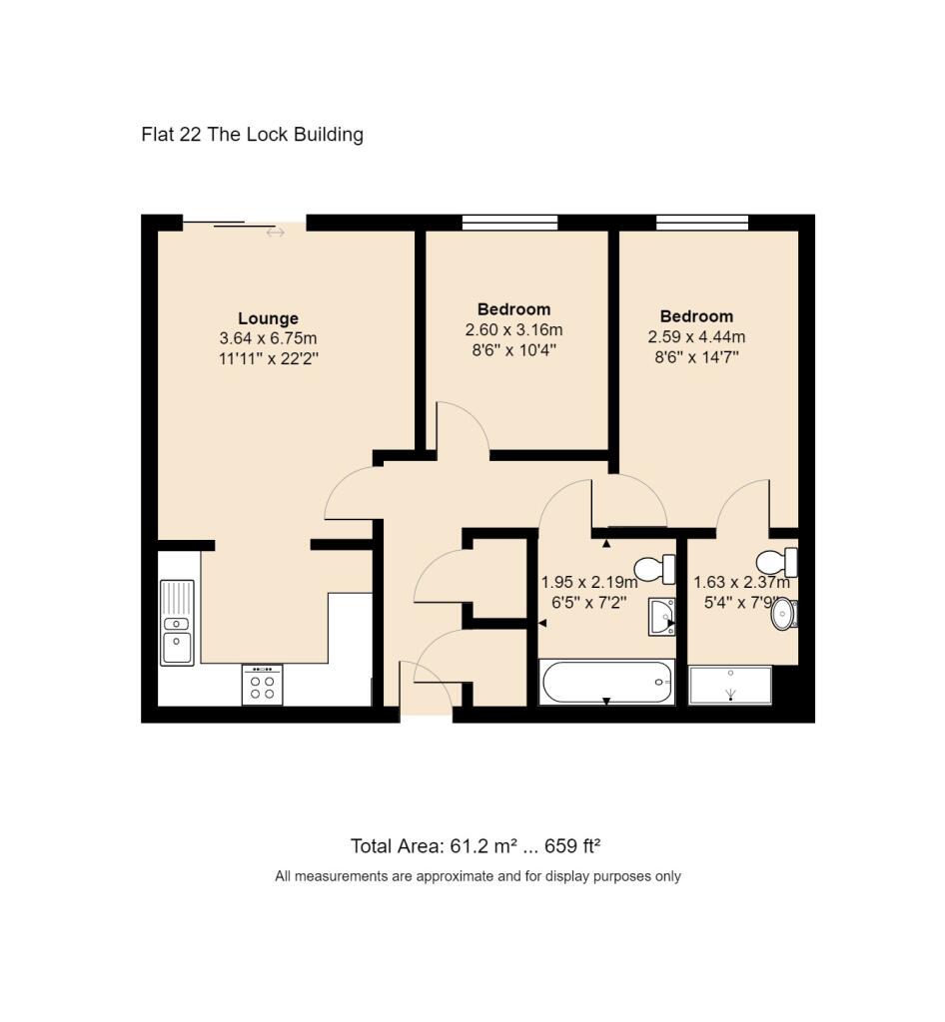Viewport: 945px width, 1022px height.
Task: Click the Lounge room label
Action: [x=268, y=318]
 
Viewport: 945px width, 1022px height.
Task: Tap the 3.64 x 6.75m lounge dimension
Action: [x=268, y=338]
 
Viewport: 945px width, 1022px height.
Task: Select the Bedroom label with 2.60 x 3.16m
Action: [x=513, y=309]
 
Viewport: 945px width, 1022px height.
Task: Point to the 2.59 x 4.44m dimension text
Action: [x=696, y=337]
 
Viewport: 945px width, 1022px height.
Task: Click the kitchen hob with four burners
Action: [x=262, y=685]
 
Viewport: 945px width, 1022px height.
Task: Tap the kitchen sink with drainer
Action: [x=178, y=622]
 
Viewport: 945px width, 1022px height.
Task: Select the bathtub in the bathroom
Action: [x=606, y=683]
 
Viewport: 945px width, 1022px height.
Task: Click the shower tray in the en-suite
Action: [x=730, y=685]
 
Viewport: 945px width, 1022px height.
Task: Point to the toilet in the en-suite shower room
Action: [x=777, y=561]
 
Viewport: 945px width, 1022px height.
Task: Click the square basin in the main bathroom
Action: [x=662, y=617]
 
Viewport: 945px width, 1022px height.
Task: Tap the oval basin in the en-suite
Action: [x=784, y=614]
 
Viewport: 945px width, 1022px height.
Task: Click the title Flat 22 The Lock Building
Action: [x=253, y=135]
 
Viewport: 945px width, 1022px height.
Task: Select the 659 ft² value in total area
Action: [x=572, y=846]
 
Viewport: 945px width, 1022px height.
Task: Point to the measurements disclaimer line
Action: [x=477, y=876]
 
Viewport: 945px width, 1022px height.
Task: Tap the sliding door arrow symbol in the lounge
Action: [x=276, y=233]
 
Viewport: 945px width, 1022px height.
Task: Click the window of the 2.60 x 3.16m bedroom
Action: [x=510, y=223]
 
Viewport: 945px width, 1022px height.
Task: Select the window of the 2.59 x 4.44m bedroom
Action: [x=702, y=223]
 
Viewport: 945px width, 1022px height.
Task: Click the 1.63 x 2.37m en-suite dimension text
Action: [x=741, y=582]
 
